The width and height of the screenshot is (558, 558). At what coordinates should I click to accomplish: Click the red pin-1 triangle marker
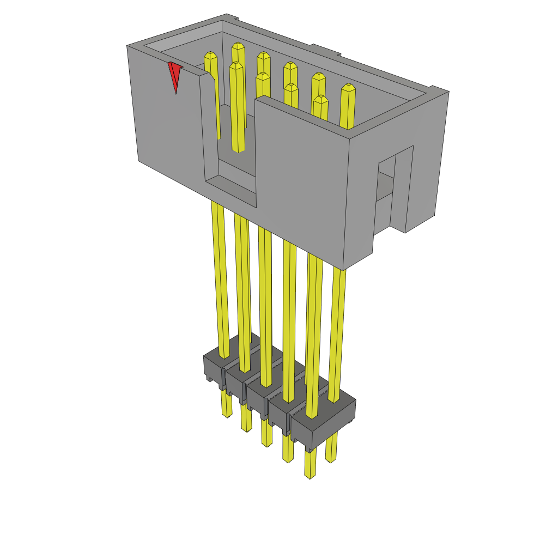pos(175,76)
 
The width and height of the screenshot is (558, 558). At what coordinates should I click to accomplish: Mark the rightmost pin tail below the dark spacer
pos(331,450)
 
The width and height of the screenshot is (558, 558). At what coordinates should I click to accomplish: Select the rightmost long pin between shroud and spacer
pos(338,327)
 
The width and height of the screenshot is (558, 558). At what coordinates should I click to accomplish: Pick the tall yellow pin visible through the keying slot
pos(238,109)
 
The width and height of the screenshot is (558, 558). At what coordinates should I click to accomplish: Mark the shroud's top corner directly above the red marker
pos(128,46)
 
